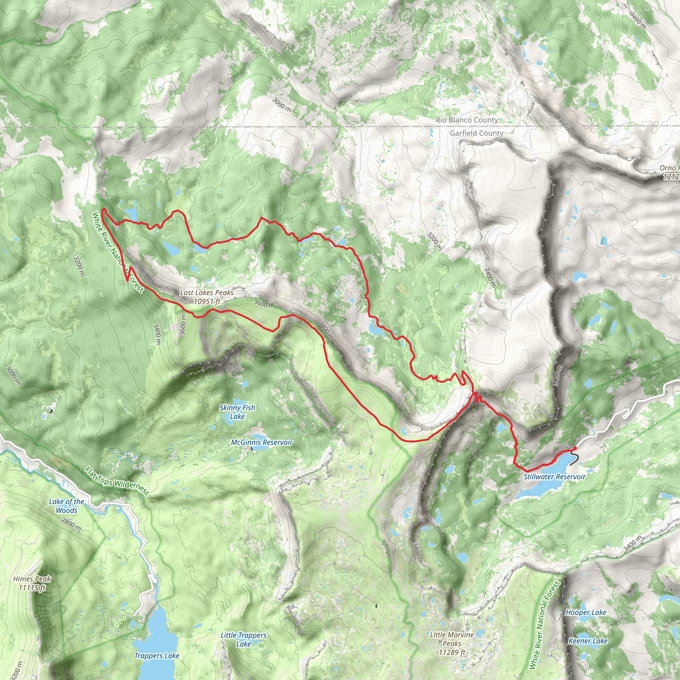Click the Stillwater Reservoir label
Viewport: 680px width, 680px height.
(554, 476)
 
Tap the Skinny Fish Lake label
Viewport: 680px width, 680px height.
(237, 412)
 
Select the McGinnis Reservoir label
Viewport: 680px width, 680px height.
(262, 442)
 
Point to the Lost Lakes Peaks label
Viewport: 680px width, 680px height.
(207, 297)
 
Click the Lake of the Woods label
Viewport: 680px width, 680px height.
(66, 506)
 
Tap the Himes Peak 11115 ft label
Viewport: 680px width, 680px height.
(32, 583)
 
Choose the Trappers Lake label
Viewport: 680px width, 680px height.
(157, 656)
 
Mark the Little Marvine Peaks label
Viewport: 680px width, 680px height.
(452, 643)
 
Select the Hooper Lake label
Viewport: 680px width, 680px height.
(586, 612)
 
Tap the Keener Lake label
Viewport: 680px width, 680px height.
(588, 641)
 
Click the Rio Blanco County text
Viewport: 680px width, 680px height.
(467, 120)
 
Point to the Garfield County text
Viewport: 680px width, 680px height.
(476, 133)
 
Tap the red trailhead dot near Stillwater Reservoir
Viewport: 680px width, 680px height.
(575, 448)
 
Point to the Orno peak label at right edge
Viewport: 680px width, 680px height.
(669, 172)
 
